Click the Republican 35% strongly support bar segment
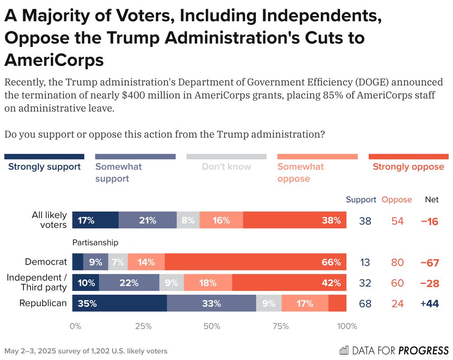[x=120, y=303]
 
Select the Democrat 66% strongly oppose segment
[x=255, y=262]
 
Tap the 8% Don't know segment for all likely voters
[x=188, y=221]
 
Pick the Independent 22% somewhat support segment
[x=129, y=283]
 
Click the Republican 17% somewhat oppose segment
[x=305, y=303]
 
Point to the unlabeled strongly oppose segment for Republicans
[x=337, y=303]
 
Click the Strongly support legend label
[x=44, y=167]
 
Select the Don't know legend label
[x=226, y=167]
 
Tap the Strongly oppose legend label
[x=408, y=167]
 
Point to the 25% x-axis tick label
[x=144, y=326]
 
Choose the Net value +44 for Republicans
[x=429, y=304]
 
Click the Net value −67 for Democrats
[x=429, y=263]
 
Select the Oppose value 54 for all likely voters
[x=397, y=221]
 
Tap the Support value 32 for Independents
[x=365, y=283]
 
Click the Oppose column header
[x=397, y=200]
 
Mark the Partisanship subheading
[x=95, y=243]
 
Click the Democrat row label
[x=46, y=262]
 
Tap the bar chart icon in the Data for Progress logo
[x=344, y=350]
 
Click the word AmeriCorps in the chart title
[x=54, y=59]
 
